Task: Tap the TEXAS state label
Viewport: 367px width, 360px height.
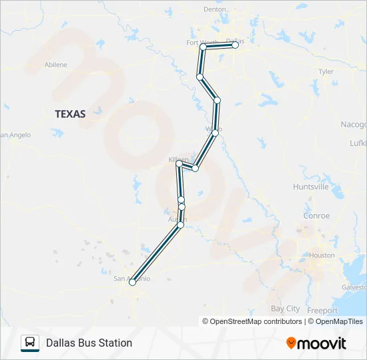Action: point(70,114)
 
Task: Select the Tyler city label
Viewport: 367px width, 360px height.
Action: point(326,71)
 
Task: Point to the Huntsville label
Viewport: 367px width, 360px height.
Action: point(310,187)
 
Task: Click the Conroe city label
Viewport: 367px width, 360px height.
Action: point(316,215)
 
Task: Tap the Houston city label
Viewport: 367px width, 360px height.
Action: point(322,255)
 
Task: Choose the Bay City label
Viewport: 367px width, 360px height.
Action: point(285,309)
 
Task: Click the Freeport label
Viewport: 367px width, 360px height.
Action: point(322,310)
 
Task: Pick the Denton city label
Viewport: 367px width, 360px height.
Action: point(215,9)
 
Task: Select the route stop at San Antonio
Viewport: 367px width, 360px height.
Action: point(132,283)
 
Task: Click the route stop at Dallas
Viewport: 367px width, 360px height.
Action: point(235,45)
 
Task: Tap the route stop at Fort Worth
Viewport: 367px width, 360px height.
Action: point(203,47)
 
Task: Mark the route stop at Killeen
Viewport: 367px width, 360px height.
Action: point(179,164)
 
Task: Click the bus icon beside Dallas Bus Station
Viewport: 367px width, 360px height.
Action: point(30,343)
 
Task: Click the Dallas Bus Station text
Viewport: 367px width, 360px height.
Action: point(89,343)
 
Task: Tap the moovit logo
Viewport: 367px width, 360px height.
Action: point(316,343)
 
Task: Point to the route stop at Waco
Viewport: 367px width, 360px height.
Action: point(215,133)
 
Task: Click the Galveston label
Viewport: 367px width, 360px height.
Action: point(354,287)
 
